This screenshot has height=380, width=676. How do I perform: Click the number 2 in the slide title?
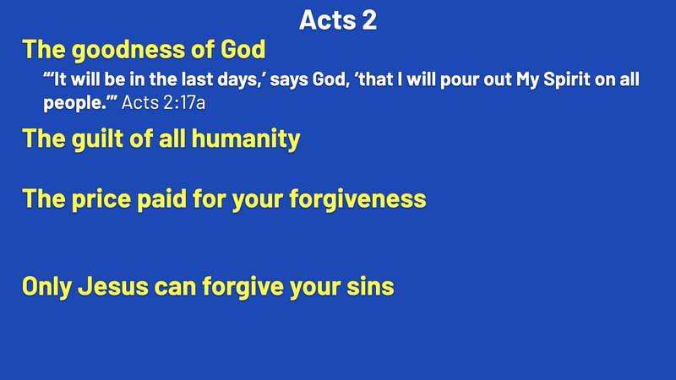369,19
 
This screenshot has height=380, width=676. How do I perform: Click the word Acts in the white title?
327,19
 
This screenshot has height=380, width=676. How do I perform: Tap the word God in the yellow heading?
243,49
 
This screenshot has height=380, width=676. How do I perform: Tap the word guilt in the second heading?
97,138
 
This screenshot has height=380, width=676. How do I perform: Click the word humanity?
246,139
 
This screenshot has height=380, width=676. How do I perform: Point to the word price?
101,199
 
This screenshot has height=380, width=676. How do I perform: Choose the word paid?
161,199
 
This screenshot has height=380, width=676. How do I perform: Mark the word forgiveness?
357,198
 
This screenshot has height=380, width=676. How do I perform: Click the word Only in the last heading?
46,286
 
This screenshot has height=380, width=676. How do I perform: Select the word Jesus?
113,286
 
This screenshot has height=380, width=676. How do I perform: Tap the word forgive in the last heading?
243,286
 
